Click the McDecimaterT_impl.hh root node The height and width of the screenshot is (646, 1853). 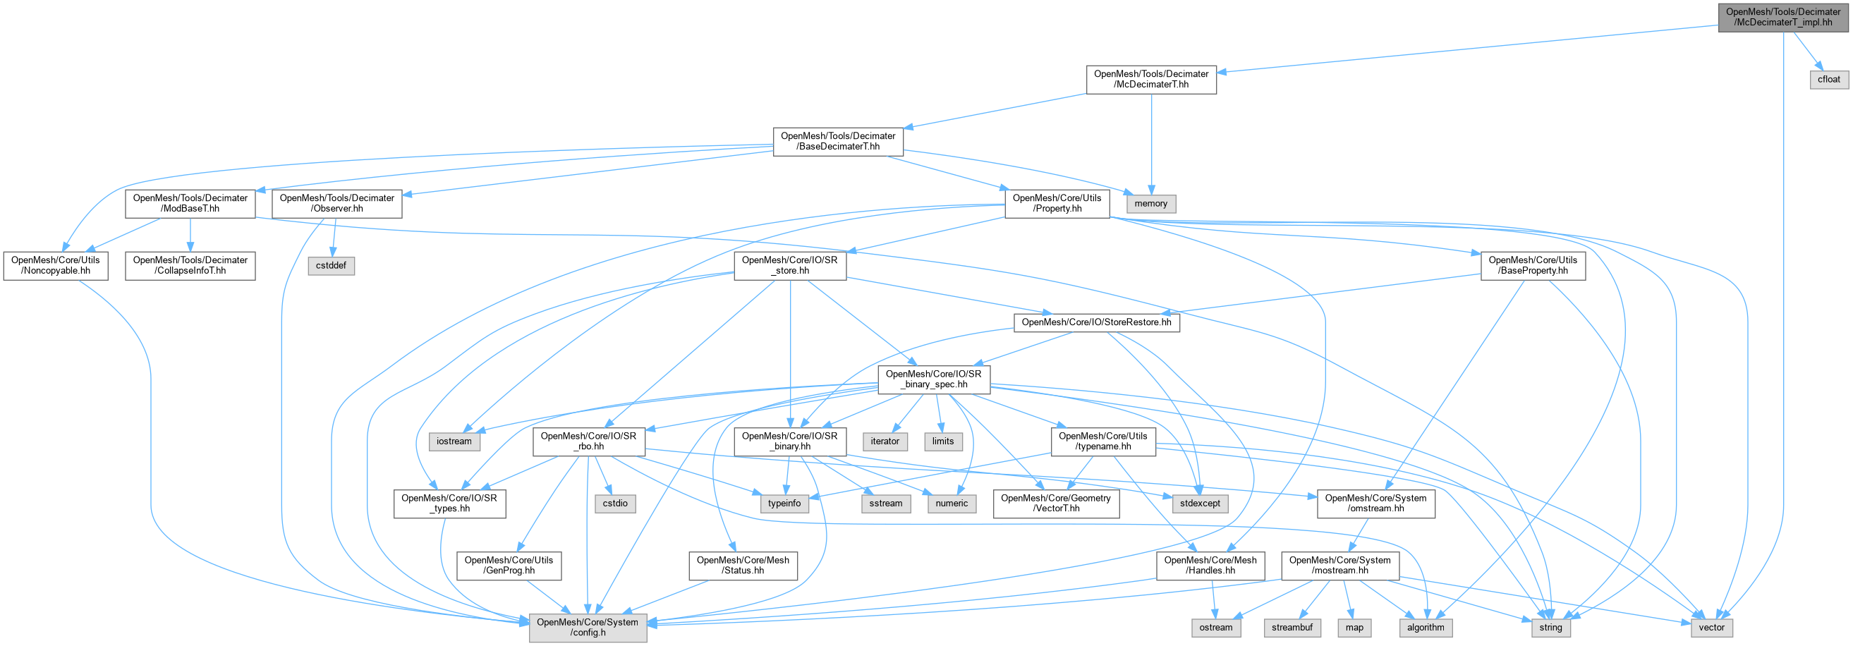1782,17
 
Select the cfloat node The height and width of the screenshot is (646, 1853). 1828,79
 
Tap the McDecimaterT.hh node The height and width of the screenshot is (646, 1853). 1151,79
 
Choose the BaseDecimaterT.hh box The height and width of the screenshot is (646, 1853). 838,141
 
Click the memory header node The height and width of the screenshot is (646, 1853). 1150,204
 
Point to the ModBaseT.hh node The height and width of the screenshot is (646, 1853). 190,204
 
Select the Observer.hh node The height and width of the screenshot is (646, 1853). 336,204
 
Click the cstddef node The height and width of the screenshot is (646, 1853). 331,265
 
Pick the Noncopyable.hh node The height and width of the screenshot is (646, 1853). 56,265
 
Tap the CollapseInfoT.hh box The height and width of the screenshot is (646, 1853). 190,265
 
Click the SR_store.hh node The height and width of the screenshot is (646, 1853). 789,265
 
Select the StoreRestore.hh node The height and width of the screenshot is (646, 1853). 1096,322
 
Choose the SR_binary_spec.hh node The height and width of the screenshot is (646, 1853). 933,379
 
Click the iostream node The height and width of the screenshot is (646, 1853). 454,441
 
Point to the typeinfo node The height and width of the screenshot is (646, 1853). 784,504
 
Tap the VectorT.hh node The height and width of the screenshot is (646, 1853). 1055,504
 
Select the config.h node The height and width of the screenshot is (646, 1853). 587,627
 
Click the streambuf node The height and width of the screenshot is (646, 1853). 1292,627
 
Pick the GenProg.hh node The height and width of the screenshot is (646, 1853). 509,566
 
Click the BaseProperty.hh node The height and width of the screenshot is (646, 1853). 1532,265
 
